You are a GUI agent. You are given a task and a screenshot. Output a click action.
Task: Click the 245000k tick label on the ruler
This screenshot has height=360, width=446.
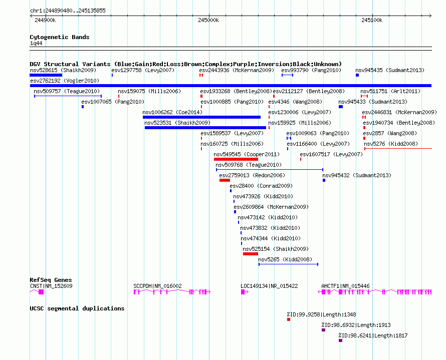tap(208, 20)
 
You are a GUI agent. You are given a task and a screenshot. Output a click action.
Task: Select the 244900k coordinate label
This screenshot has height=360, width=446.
tap(45, 20)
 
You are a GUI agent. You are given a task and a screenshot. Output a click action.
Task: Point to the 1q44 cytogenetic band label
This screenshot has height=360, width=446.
tap(36, 43)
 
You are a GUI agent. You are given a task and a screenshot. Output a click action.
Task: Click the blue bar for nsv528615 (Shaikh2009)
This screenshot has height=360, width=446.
tap(46, 75)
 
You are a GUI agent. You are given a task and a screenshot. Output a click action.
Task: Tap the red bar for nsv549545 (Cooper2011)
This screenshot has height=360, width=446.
tap(236, 159)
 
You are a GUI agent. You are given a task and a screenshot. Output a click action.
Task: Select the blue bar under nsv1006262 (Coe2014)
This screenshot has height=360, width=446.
tap(201, 117)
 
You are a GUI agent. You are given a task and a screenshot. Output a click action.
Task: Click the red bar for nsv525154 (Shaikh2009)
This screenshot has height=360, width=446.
tap(251, 254)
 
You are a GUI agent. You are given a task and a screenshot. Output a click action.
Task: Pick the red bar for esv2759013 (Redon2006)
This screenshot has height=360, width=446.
tap(225, 180)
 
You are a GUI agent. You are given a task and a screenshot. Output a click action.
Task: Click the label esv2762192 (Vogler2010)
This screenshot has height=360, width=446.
tap(65, 81)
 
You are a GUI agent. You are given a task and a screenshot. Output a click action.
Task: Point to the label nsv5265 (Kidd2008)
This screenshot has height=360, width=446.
tap(285, 259)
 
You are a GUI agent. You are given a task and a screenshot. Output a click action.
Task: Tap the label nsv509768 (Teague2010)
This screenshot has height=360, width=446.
tap(249, 165)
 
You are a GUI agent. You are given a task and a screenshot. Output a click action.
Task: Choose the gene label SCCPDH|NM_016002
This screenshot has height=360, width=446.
tap(157, 286)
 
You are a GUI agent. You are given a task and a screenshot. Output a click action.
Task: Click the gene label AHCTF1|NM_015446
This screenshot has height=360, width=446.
tap(345, 286)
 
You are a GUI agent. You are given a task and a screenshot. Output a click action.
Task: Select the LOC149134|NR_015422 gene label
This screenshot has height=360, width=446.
tap(270, 286)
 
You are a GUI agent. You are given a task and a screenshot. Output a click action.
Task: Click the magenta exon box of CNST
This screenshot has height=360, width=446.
tap(41, 292)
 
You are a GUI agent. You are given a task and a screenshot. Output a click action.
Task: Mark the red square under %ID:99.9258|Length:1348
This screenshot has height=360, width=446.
tap(289, 319)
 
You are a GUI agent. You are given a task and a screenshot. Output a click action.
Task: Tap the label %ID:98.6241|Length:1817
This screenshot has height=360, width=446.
tap(373, 335)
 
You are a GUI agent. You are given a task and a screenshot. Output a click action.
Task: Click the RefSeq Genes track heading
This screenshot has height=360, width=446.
tap(51, 280)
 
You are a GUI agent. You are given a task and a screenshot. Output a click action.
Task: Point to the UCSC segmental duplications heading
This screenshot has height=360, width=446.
tap(77, 308)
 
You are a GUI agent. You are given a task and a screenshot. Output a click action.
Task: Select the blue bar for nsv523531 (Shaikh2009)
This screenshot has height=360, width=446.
tap(205, 128)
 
